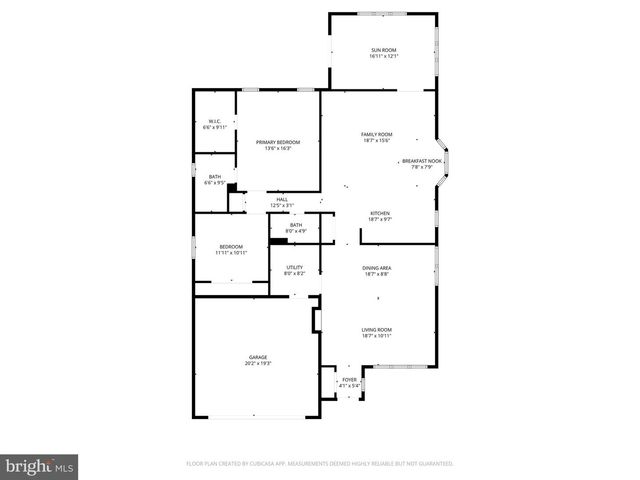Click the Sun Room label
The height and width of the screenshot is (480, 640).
[x=384, y=50]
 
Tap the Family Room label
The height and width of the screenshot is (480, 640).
[x=377, y=134]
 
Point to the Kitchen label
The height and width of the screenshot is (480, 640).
[x=379, y=213]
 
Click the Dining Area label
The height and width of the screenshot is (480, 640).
[x=377, y=268]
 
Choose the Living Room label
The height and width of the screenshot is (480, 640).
[x=377, y=330]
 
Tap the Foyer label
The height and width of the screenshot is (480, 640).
[x=349, y=379]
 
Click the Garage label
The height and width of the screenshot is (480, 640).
[x=258, y=357]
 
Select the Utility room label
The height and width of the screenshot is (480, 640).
[x=295, y=267]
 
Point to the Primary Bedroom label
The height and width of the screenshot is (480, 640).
[x=278, y=142]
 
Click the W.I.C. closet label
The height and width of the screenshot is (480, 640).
[x=215, y=122]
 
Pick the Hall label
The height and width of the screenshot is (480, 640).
[x=282, y=200]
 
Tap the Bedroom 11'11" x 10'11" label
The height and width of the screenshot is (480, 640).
[x=231, y=246]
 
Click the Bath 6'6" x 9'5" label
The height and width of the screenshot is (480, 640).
[x=214, y=177]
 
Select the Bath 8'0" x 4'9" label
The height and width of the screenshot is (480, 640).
[x=296, y=225]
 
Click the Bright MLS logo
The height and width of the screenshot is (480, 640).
[x=40, y=466]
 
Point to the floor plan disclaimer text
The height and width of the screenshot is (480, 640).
[x=320, y=464]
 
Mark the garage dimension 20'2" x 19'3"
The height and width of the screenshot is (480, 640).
[x=258, y=363]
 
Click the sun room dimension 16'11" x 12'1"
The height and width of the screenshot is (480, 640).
[x=384, y=56]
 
